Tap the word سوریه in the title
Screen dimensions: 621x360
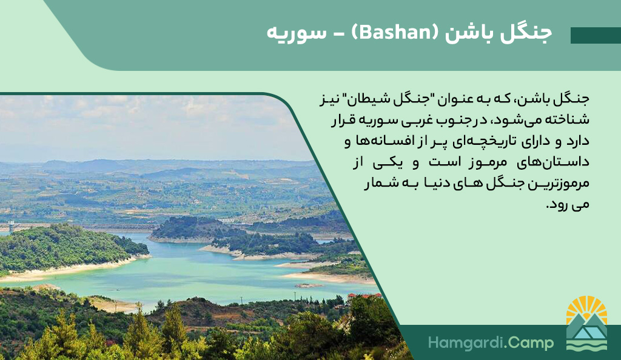[x=297, y=33]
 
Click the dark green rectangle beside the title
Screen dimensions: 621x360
[x=596, y=36]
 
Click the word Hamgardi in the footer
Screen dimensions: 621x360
[x=462, y=342]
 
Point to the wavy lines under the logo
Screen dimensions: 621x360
[x=586, y=344]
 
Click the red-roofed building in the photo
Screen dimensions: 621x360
[x=364, y=296]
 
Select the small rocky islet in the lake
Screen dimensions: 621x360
[x=309, y=285]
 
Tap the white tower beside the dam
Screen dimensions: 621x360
[x=11, y=226]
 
